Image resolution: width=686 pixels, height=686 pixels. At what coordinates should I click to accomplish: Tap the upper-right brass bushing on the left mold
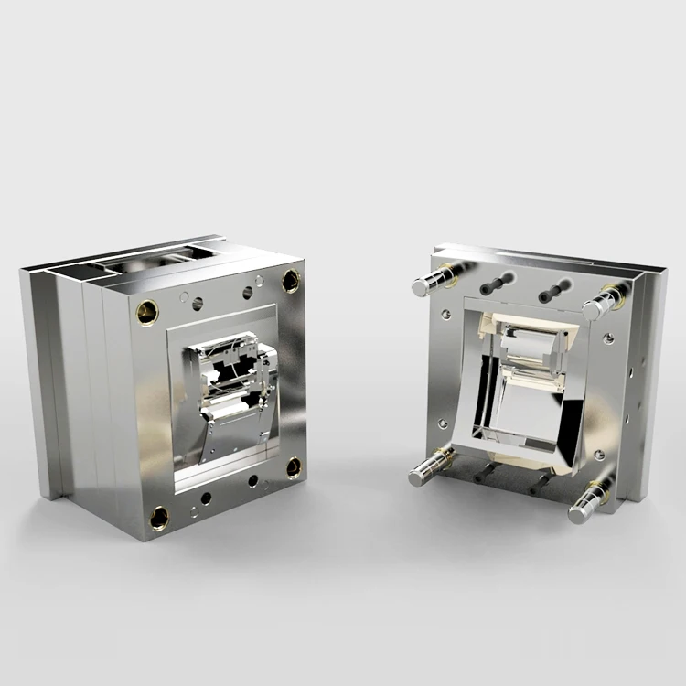click(290, 281)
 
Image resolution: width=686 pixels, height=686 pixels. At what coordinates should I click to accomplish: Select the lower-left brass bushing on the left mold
click(159, 518)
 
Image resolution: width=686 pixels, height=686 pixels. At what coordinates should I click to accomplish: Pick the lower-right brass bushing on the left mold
click(294, 467)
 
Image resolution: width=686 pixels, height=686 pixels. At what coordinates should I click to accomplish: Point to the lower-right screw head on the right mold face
click(599, 455)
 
